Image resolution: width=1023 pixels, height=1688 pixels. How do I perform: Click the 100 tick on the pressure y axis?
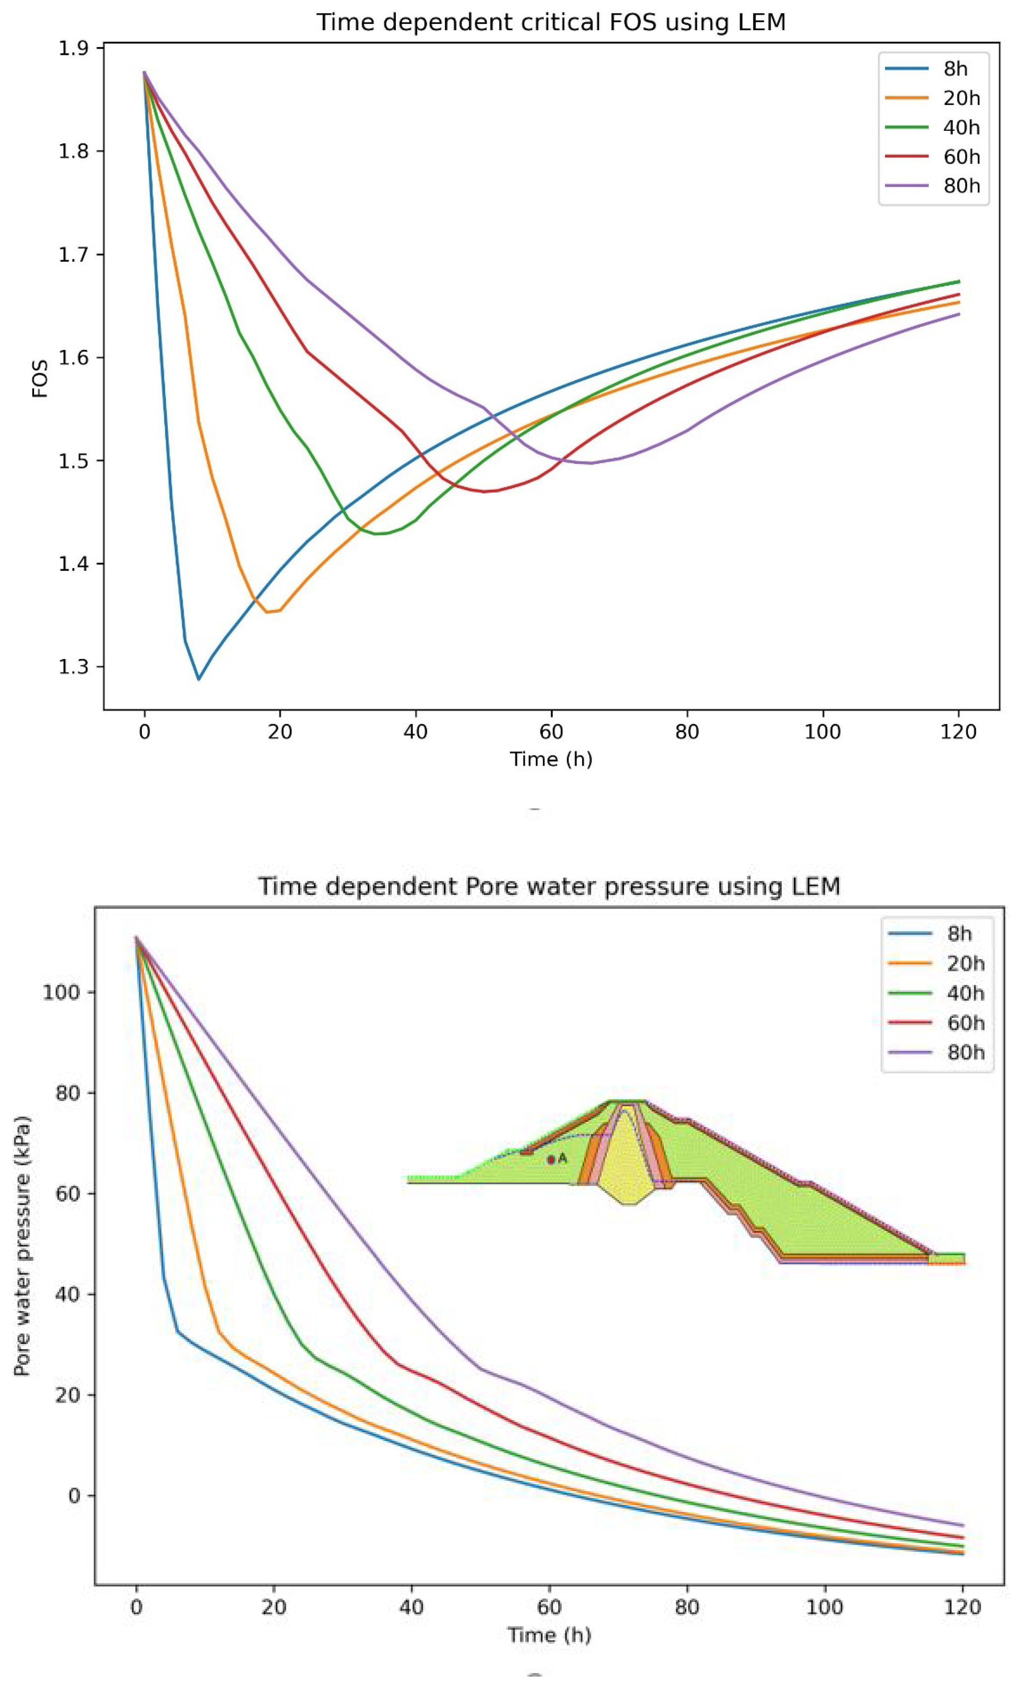pos(62,992)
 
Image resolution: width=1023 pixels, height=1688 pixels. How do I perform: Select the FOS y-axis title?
pos(41,378)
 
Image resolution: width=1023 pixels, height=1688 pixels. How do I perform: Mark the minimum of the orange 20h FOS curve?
pos(268,612)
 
